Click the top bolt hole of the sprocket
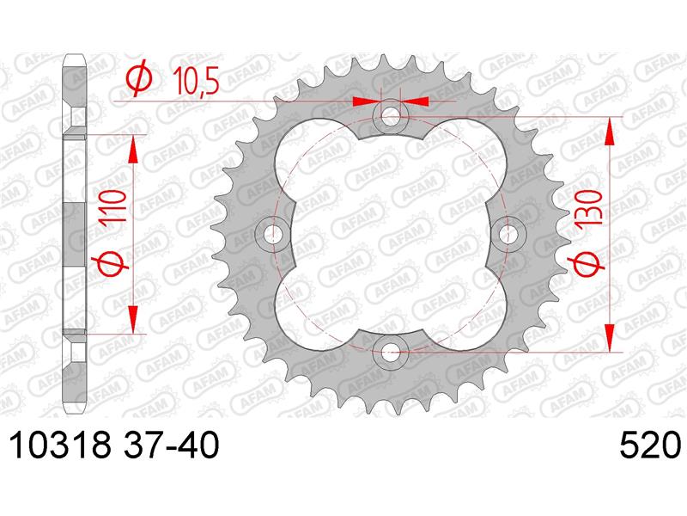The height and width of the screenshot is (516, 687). [x=391, y=117]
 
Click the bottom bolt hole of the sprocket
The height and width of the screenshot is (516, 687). [x=391, y=351]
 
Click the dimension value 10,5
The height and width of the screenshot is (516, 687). [x=196, y=82]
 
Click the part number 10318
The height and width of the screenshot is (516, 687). [x=60, y=445]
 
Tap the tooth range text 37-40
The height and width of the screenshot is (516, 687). [x=171, y=445]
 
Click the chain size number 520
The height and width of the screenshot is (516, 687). [x=650, y=445]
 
